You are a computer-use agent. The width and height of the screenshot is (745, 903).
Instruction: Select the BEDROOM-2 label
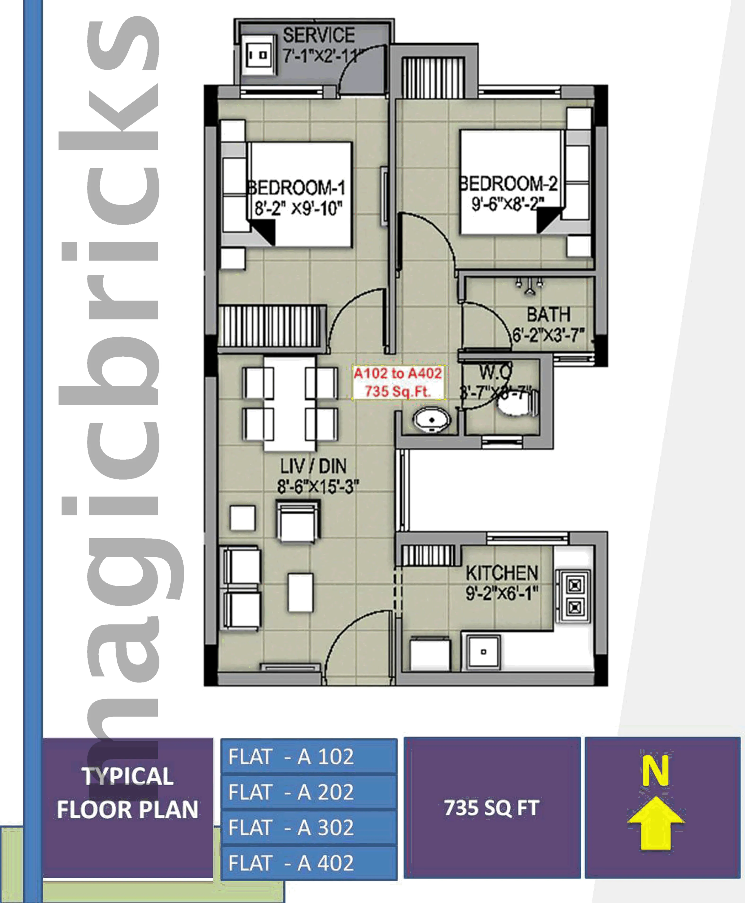tap(508, 184)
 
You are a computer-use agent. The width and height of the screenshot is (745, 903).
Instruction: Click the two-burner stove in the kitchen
tap(574, 596)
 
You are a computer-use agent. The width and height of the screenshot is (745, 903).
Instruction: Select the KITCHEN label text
tap(502, 573)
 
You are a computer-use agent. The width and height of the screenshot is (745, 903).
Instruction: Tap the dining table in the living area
tap(290, 404)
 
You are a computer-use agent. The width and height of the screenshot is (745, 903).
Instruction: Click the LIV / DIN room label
tap(313, 466)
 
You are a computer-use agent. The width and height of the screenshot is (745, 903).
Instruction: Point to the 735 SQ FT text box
tap(492, 808)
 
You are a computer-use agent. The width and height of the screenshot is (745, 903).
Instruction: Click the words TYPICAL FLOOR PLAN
tap(127, 793)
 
